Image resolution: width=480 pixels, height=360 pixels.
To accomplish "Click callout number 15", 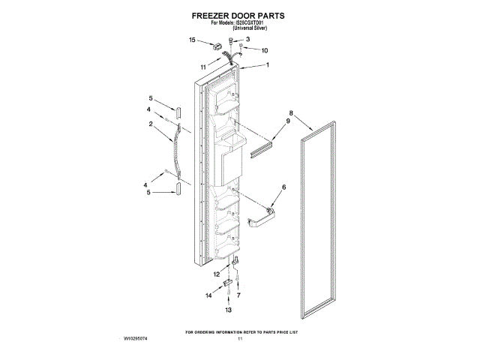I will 192,40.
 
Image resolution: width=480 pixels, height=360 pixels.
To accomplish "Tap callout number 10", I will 263,50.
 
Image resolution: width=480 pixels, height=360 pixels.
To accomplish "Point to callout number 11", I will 203,67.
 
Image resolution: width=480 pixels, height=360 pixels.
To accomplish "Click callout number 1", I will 267,65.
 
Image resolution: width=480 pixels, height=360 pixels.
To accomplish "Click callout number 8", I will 290,114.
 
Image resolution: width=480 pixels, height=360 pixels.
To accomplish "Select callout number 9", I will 287,121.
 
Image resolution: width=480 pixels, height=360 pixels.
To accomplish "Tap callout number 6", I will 283,187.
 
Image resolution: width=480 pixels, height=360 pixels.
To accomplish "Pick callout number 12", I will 216,274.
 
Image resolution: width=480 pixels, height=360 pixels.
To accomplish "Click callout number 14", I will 209,296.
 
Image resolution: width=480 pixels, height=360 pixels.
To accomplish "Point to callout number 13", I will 229,309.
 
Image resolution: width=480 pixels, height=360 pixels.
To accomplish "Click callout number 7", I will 239,296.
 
